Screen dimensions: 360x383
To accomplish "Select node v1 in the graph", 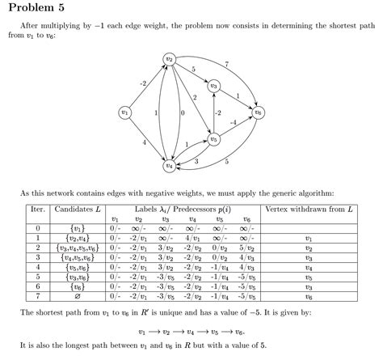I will pyautogui.click(x=124, y=112).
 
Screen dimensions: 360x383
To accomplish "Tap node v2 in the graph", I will pyautogui.click(x=169, y=59).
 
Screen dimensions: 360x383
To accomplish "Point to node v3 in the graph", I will pyautogui.click(x=213, y=85).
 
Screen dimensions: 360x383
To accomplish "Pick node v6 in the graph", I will pyautogui.click(x=259, y=112).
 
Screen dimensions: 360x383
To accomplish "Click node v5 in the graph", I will pyautogui.click(x=213, y=139).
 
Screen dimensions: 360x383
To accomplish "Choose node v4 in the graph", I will pyautogui.click(x=169, y=165).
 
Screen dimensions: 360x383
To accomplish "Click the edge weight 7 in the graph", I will pyautogui.click(x=226, y=64).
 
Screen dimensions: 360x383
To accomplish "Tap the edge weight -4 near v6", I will pyautogui.click(x=233, y=122).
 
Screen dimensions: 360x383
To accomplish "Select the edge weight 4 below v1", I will pyautogui.click(x=144, y=142).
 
